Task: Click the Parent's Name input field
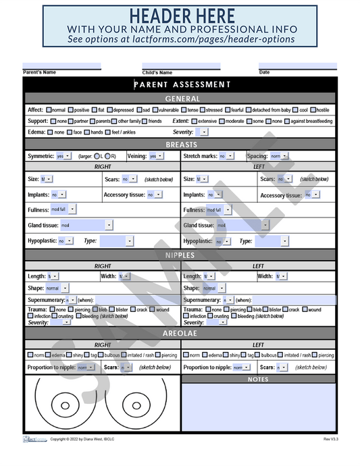pyautogui.click(x=61, y=66)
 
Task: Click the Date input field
pyautogui.click(x=297, y=66)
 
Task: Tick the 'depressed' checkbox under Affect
pyautogui.click(x=110, y=110)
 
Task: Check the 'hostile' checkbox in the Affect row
pyautogui.click(x=313, y=110)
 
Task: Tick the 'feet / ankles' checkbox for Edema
pyautogui.click(x=108, y=132)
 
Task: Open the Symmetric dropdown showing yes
pyautogui.click(x=64, y=156)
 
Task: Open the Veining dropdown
pyautogui.click(x=156, y=156)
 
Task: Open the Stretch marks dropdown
pyautogui.click(x=226, y=156)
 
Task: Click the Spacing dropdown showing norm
pyautogui.click(x=278, y=156)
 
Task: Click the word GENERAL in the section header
pyautogui.click(x=182, y=99)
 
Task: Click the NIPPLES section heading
pyautogui.click(x=180, y=255)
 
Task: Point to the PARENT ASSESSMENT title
pyautogui.click(x=182, y=84)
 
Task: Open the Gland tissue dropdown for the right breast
pyautogui.click(x=86, y=225)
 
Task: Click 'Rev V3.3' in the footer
pyautogui.click(x=330, y=439)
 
